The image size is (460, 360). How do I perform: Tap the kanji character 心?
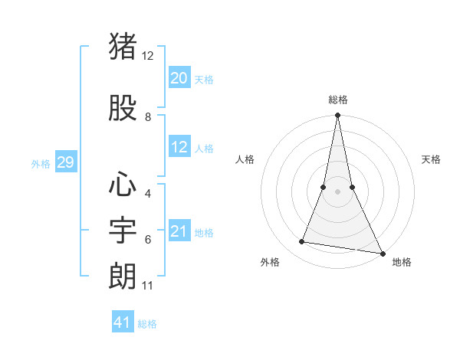pyautogui.click(x=123, y=185)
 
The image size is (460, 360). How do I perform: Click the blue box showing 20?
pyautogui.click(x=179, y=78)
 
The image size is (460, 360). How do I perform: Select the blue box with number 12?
pyautogui.click(x=179, y=147)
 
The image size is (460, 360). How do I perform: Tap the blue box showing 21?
pyautogui.click(x=179, y=231)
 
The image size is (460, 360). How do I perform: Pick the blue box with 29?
pyautogui.click(x=65, y=162)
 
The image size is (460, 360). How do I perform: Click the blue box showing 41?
pyautogui.click(x=123, y=322)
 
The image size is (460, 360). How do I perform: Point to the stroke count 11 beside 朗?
pyautogui.click(x=148, y=286)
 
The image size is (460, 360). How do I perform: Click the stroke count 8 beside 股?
pyautogui.click(x=148, y=117)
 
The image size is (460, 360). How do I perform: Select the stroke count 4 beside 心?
pyautogui.click(x=148, y=194)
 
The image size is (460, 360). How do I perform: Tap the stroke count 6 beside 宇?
pyautogui.click(x=148, y=240)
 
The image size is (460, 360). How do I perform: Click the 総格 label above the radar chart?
pyautogui.click(x=337, y=100)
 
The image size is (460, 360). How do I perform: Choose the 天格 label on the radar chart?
pyautogui.click(x=431, y=159)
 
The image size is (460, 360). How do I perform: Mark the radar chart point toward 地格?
pyautogui.click(x=382, y=253)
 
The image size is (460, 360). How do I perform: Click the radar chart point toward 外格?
pyautogui.click(x=302, y=242)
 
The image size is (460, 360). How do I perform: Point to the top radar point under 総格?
pyautogui.click(x=337, y=116)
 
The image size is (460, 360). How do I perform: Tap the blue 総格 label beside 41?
pyautogui.click(x=147, y=324)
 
